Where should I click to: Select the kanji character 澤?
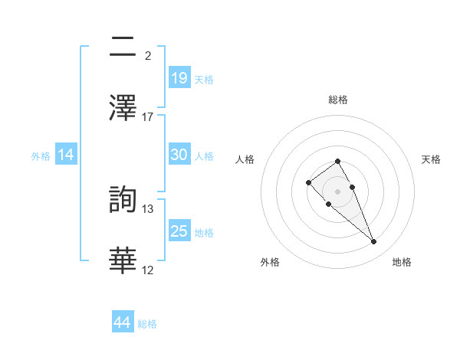[x=123, y=106]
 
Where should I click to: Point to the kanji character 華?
[x=123, y=260]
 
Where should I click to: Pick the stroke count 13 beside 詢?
[x=148, y=209]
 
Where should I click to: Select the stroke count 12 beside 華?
[x=148, y=270]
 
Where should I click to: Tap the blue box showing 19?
[x=179, y=77]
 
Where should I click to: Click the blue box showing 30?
[x=179, y=155]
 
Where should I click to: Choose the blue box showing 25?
[x=179, y=231]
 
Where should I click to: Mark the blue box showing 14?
[x=66, y=155]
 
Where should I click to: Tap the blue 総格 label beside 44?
[x=147, y=324]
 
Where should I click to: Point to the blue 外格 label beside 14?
[x=41, y=156]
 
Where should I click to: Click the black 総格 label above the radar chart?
[x=338, y=100]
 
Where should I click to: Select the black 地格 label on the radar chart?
[x=402, y=262]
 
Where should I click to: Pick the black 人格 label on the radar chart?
[x=245, y=159]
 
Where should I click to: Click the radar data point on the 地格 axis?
[x=374, y=242]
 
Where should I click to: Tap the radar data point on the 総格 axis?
[x=337, y=161]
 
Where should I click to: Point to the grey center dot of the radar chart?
[x=337, y=191]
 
